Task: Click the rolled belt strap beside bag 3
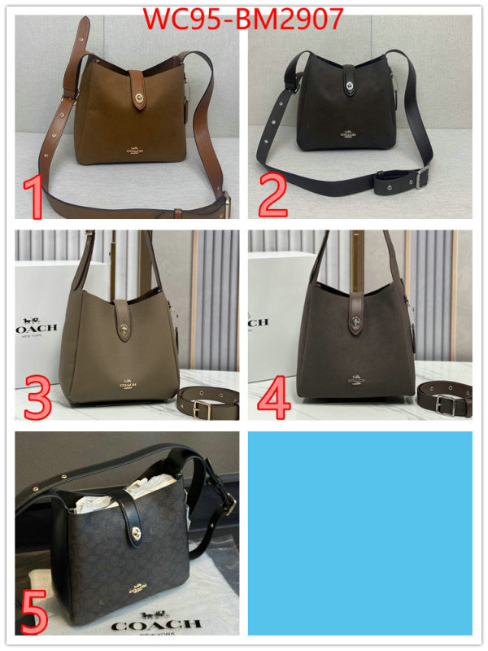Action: point(208,401)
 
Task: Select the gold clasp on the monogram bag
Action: point(135,534)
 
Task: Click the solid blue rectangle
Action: point(359,533)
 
